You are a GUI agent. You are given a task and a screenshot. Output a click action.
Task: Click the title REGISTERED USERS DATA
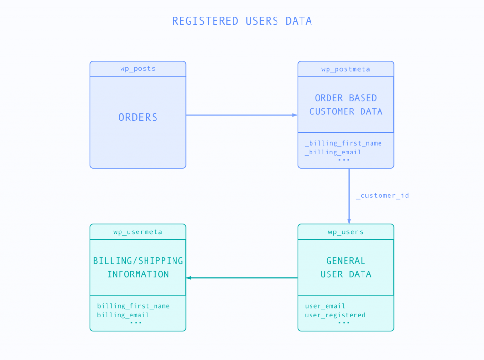242,21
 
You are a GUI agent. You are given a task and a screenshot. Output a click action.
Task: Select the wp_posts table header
138,69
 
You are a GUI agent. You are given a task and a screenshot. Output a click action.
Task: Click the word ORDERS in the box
138,118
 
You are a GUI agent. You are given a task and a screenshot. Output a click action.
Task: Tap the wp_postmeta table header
346,69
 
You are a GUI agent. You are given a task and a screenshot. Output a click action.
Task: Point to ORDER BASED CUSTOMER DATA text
346,105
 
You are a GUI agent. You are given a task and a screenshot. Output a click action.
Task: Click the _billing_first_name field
343,143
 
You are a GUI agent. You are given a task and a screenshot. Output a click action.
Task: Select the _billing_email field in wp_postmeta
333,152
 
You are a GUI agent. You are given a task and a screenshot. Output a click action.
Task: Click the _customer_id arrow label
382,196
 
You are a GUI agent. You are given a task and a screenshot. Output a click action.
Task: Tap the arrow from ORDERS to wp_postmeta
242,115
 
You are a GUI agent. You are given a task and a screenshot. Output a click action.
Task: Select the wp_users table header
346,232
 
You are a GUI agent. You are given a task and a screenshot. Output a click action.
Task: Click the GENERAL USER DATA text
346,267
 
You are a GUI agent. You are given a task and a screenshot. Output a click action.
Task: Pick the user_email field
325,306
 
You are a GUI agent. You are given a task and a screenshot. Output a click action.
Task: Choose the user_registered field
335,315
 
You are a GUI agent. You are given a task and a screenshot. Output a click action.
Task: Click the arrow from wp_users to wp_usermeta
242,278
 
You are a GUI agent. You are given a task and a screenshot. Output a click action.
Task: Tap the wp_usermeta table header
138,232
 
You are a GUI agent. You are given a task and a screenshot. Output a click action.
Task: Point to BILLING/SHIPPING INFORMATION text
138,267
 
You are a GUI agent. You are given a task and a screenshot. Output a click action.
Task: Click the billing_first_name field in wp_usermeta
133,306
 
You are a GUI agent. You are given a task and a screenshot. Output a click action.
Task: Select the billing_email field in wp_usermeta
123,315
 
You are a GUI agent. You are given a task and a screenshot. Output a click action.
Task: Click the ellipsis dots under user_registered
344,323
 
